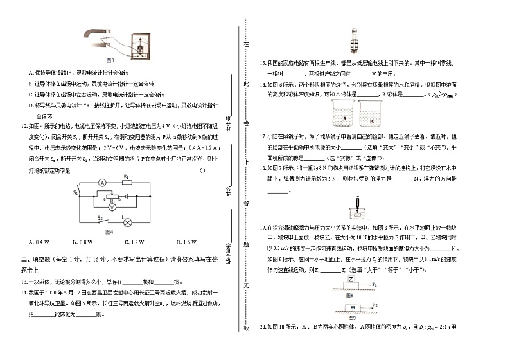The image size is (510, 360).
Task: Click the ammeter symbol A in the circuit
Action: pos(101,182)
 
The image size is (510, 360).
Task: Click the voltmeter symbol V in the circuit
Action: pos(112,208)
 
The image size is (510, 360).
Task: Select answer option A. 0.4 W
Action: pos(40,241)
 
